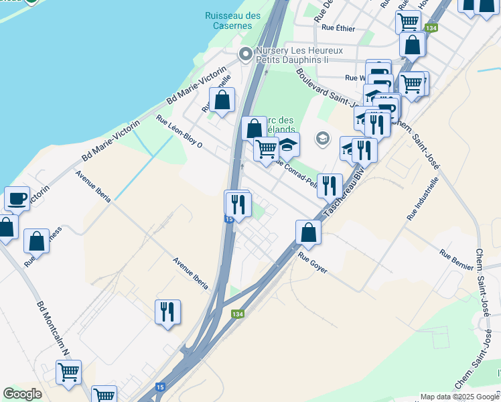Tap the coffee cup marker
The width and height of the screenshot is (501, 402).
(x=17, y=198)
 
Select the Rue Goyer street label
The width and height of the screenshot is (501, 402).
(x=313, y=262)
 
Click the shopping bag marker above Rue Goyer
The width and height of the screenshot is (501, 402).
(x=308, y=232)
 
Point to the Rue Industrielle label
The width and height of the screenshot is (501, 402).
(x=421, y=199)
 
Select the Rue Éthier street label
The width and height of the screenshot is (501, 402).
(x=338, y=27)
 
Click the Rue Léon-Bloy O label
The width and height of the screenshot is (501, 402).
(x=179, y=131)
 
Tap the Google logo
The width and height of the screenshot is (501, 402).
(x=22, y=394)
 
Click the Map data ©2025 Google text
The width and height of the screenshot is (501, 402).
(x=459, y=397)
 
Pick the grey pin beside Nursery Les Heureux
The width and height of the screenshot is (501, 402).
(x=246, y=54)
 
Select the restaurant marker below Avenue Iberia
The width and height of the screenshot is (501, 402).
(x=167, y=312)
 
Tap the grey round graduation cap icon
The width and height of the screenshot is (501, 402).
(x=323, y=139)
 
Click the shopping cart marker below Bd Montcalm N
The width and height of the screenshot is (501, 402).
(x=68, y=372)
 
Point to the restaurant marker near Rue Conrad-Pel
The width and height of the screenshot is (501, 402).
(x=329, y=186)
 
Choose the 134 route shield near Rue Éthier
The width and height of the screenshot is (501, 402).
(x=431, y=28)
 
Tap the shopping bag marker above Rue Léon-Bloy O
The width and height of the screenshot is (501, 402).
(x=222, y=100)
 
